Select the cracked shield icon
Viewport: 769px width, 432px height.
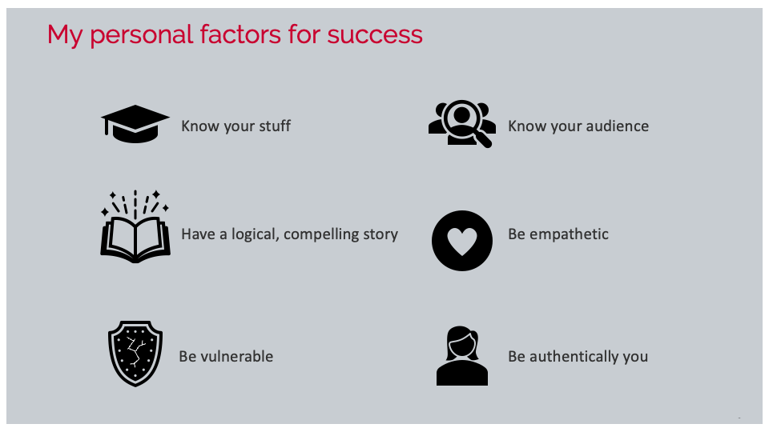(135, 353)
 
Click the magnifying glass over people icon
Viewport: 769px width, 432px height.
(462, 124)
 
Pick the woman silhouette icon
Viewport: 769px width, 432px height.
(462, 356)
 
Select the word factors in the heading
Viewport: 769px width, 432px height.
(240, 34)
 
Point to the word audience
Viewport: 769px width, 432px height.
(616, 126)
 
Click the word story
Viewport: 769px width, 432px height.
(380, 235)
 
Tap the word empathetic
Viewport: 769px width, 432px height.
(569, 235)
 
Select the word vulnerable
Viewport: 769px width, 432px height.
(236, 356)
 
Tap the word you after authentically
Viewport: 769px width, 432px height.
(635, 358)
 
